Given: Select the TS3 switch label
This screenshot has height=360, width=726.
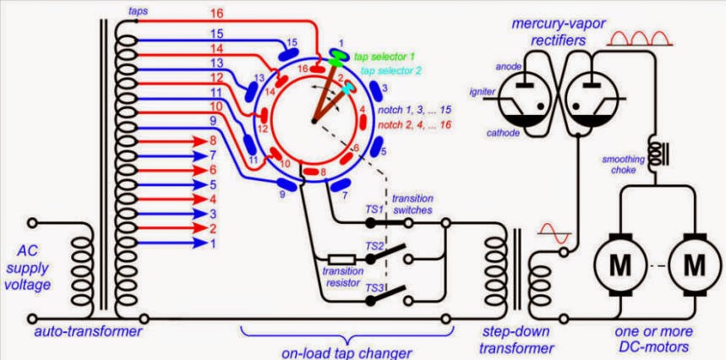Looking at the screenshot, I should (x=373, y=287).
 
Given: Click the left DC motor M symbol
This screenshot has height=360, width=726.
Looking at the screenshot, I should (x=620, y=265).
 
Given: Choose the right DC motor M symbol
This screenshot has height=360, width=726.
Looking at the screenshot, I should (x=694, y=265).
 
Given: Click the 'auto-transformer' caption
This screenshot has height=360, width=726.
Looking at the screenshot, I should (x=88, y=332).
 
